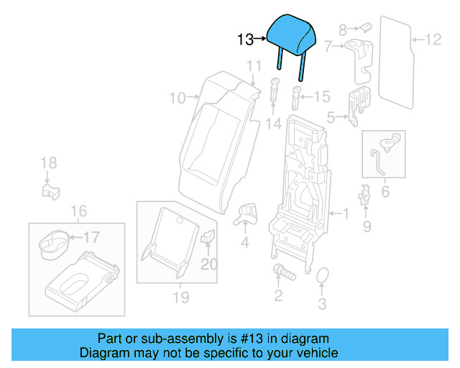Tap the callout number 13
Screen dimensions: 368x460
coord(245,40)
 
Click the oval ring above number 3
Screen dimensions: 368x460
coord(323,276)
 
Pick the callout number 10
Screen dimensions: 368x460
coord(177,97)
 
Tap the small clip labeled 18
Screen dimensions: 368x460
coord(48,191)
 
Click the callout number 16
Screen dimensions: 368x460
coord(79,211)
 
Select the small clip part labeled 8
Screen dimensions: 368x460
coord(364,27)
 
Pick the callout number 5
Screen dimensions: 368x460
coord(331,116)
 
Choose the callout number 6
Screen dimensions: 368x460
coord(385,192)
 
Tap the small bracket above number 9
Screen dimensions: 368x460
coord(365,194)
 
